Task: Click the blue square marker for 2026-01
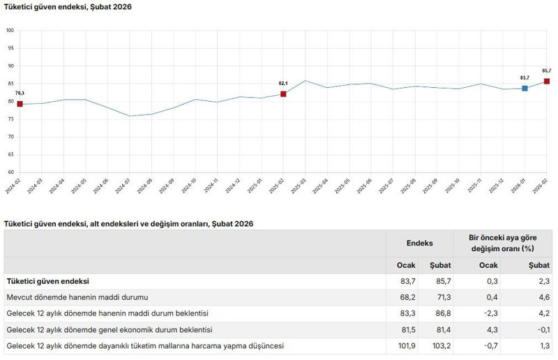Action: (x=525, y=89)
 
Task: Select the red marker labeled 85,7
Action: (x=547, y=82)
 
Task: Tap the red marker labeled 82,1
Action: (x=283, y=94)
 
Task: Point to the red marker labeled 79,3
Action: (x=20, y=104)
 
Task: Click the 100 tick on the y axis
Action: (x=10, y=31)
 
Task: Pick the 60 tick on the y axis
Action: (x=10, y=172)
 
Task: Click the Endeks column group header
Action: (x=419, y=243)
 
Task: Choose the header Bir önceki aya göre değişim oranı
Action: (x=502, y=243)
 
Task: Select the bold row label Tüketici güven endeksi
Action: (x=47, y=281)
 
